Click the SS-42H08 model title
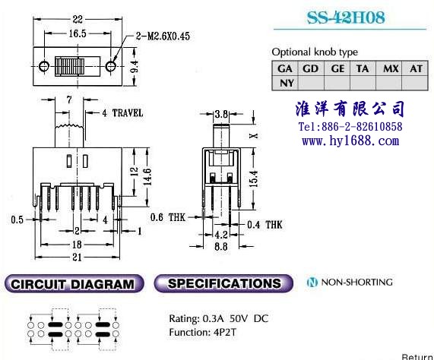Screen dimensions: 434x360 point(346,17)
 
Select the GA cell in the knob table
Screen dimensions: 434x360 point(285,68)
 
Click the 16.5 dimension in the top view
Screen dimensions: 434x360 point(78,33)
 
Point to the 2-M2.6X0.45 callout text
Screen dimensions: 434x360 point(163,36)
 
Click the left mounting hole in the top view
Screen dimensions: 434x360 point(44,66)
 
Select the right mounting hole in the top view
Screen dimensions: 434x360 point(111,66)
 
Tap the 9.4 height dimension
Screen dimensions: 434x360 point(135,66)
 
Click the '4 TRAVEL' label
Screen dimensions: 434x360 point(122,113)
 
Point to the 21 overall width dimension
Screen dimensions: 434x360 point(77,257)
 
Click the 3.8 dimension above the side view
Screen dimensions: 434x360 point(221,114)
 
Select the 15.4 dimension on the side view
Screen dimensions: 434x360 point(254,178)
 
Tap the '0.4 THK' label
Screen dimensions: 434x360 point(265,225)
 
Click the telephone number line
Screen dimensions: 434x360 point(350,127)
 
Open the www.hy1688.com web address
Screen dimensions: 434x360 point(350,141)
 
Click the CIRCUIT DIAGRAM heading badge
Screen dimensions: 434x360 point(74,284)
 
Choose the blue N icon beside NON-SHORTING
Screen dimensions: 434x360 point(312,283)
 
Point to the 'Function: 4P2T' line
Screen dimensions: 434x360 point(203,332)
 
